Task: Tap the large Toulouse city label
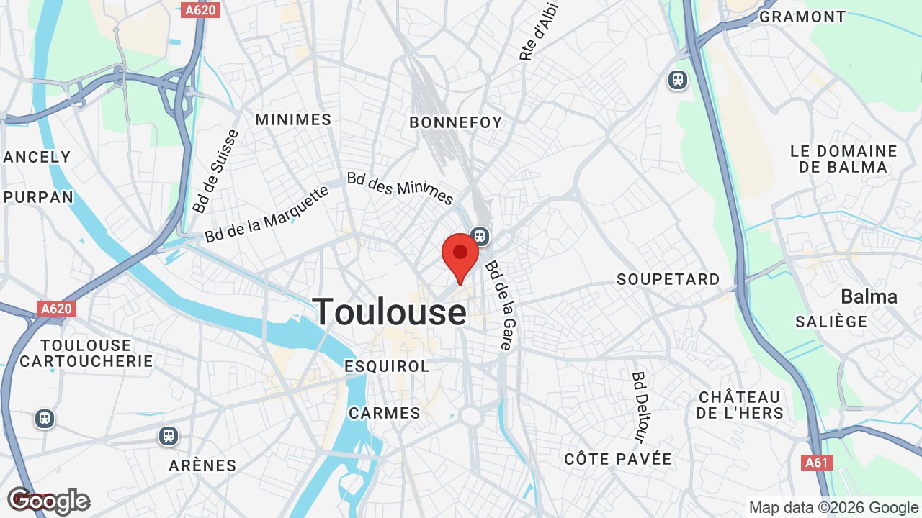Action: pyautogui.click(x=390, y=312)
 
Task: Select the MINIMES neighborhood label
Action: pyautogui.click(x=293, y=119)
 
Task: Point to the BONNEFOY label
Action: pyautogui.click(x=456, y=122)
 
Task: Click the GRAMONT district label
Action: pyautogui.click(x=802, y=17)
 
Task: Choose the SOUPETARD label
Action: pyautogui.click(x=668, y=279)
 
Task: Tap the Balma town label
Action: pyautogui.click(x=869, y=296)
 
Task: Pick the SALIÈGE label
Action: pyautogui.click(x=831, y=322)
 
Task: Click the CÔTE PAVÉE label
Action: pyautogui.click(x=618, y=459)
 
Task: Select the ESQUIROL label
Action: pyautogui.click(x=387, y=366)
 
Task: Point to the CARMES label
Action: pyautogui.click(x=385, y=413)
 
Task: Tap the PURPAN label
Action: pyautogui.click(x=38, y=197)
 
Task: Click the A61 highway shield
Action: pyautogui.click(x=816, y=463)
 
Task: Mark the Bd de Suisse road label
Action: pyautogui.click(x=206, y=172)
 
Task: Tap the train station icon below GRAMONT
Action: pyautogui.click(x=678, y=79)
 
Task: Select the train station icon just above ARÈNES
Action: pyautogui.click(x=169, y=435)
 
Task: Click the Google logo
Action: pyautogui.click(x=48, y=501)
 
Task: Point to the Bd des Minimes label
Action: pyautogui.click(x=400, y=188)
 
